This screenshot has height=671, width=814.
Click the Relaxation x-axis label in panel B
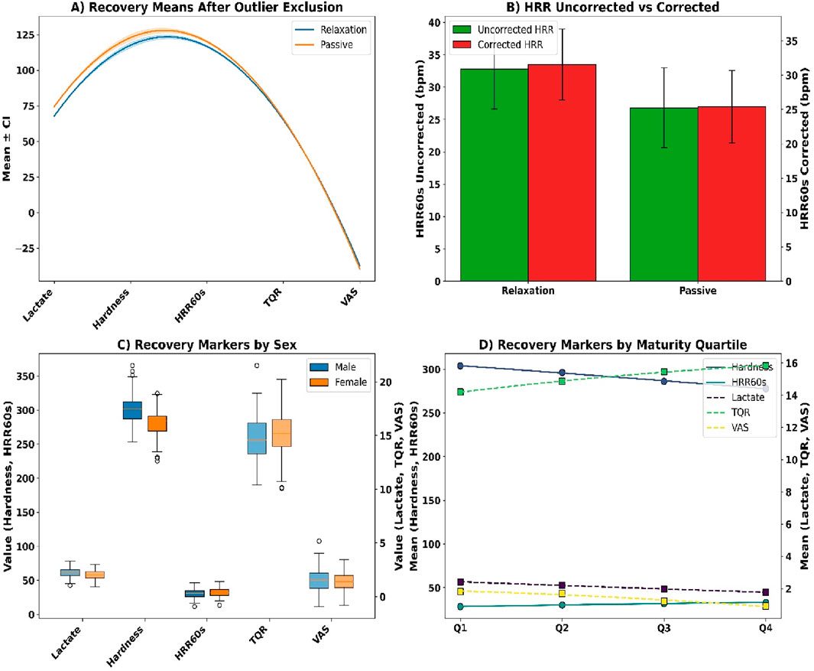(527, 292)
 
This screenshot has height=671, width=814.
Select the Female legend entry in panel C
(351, 381)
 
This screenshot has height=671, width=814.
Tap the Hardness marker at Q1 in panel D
(460, 366)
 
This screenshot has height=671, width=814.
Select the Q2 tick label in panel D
(562, 627)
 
